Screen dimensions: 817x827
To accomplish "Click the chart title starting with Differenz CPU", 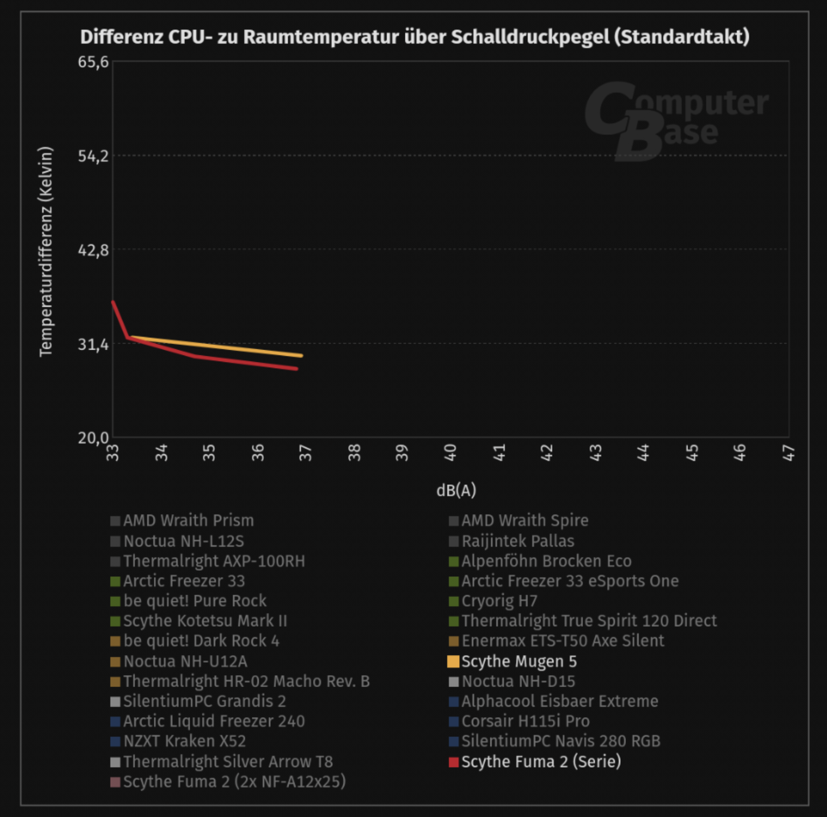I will [414, 37].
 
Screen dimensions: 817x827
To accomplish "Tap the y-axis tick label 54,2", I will [93, 156].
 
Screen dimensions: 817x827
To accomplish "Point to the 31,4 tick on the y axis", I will [93, 344].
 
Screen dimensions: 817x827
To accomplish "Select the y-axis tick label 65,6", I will [93, 63].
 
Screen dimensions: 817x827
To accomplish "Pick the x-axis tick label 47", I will [789, 452].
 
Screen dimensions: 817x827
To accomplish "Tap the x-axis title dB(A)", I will [456, 490].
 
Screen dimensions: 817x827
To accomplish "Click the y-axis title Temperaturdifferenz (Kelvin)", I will [46, 252].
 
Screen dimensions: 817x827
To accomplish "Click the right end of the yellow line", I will [302, 355].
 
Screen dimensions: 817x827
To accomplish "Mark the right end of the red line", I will [296, 368].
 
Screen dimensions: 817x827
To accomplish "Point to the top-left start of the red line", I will [113, 302].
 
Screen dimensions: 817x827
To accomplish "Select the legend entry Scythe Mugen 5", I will [519, 661].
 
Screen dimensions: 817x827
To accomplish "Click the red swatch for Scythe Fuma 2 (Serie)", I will [453, 762].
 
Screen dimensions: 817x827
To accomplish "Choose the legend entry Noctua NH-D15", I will [518, 681].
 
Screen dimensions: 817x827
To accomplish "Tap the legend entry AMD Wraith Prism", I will [188, 520].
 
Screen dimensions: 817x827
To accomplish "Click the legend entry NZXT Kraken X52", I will [185, 741].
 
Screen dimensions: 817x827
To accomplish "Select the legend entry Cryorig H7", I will [499, 601].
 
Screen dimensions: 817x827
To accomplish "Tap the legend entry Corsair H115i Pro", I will [525, 721].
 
